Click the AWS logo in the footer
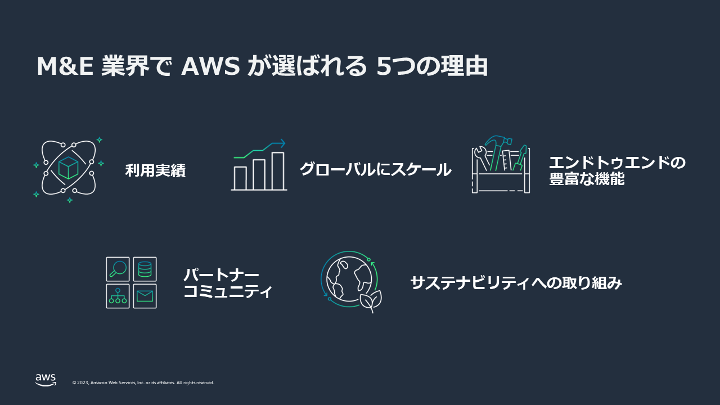coord(46,380)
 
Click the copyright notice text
coord(143,383)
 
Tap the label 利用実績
coord(155,170)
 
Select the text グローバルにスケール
coord(375,169)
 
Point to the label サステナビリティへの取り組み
coord(516,283)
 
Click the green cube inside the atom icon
coord(68,168)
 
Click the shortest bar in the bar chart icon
coord(240,178)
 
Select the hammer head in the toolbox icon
coord(495,140)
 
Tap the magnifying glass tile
coord(118,269)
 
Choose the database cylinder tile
coord(145,269)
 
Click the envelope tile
coord(145,296)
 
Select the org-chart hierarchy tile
coord(118,296)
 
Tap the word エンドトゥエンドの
coord(617,163)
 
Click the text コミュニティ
coord(228,292)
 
